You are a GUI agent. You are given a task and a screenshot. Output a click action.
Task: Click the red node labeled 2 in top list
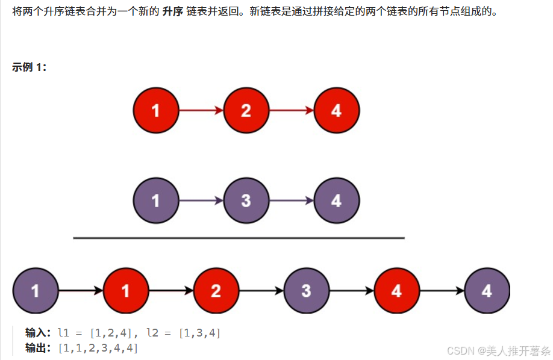click(246, 110)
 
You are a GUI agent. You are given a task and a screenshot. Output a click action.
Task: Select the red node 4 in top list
click(336, 110)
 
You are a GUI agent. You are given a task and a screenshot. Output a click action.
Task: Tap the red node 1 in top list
click(156, 110)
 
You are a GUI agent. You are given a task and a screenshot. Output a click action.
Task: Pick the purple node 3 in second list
click(246, 200)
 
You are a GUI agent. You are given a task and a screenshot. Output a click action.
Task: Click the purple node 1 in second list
click(156, 200)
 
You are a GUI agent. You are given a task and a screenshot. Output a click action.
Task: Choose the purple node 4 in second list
click(336, 200)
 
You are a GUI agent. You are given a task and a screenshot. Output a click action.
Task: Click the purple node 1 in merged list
click(35, 291)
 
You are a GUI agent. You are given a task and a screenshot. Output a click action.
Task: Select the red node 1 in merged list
click(125, 291)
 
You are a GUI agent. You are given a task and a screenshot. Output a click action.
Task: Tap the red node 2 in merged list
click(216, 291)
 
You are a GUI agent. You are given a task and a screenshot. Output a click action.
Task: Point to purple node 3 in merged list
click(306, 291)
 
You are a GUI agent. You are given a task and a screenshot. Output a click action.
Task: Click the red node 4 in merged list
click(396, 291)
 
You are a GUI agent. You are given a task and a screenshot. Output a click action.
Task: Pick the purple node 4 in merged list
click(487, 291)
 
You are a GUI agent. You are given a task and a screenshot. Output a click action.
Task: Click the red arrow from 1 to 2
click(201, 110)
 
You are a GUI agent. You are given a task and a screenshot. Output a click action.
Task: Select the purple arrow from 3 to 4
click(291, 200)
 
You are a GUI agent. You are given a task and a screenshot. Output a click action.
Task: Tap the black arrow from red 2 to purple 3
click(261, 291)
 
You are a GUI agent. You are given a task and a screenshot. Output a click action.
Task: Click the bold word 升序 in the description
click(173, 11)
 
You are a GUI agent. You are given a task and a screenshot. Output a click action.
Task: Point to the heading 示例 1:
click(29, 67)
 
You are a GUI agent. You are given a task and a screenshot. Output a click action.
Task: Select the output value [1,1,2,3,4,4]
click(98, 347)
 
